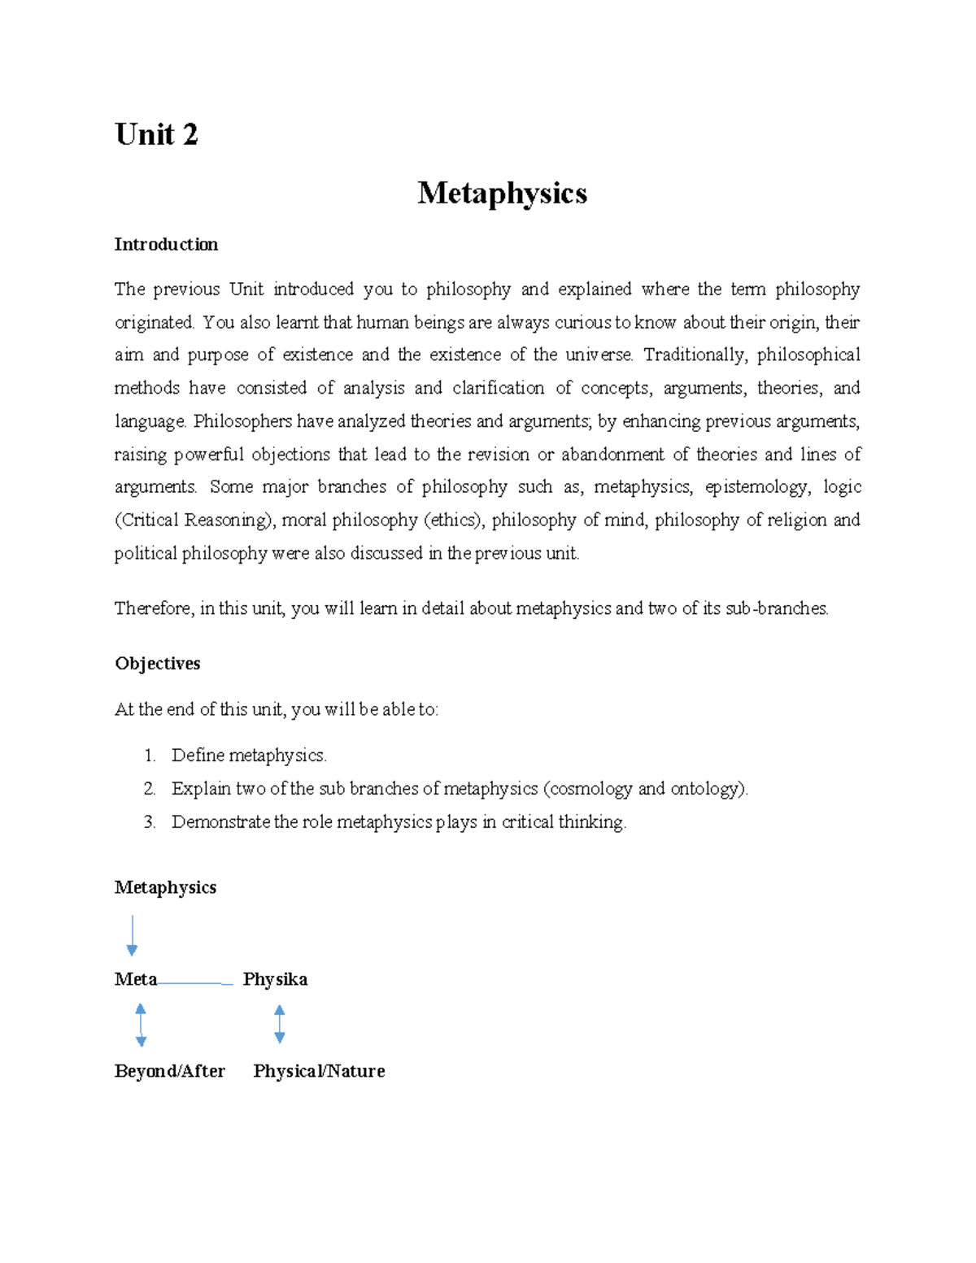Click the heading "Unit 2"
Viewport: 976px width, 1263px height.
156,135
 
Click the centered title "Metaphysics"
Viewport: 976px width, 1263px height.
502,194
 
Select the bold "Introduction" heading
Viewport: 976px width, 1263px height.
166,245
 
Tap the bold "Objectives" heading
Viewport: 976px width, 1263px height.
157,664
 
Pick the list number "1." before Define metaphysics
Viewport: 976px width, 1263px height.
150,756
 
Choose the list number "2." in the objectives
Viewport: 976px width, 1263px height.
150,789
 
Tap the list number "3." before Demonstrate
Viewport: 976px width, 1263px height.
150,822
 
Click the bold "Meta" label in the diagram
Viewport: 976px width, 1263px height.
135,979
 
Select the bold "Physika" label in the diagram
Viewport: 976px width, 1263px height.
275,979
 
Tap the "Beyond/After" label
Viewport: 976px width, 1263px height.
169,1071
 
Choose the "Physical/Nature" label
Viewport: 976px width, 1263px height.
319,1071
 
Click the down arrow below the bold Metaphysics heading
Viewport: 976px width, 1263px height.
132,935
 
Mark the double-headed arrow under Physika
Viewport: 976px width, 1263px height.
280,1024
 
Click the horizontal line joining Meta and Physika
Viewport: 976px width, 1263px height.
195,983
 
